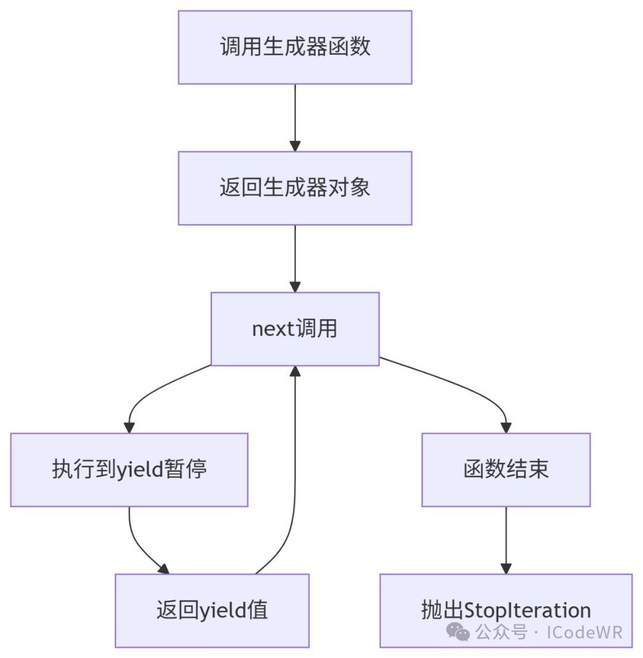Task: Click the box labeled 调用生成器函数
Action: point(295,47)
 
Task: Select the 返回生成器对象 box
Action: point(295,188)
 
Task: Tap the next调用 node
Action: point(295,329)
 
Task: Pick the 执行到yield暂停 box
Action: point(129,470)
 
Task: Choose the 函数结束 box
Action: point(505,470)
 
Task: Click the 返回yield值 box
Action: point(212,610)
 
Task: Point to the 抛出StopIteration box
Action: point(505,610)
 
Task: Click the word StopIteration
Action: point(527,610)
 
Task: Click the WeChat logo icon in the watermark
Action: point(459,631)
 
